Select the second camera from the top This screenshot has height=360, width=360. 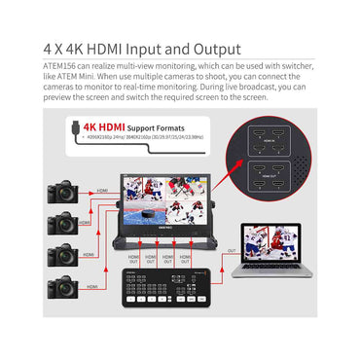(60, 225)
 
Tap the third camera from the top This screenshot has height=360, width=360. (60, 257)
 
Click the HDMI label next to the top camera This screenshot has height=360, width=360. (102, 191)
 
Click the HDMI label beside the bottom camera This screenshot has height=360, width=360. (92, 287)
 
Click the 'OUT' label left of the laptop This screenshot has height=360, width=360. (232, 250)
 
